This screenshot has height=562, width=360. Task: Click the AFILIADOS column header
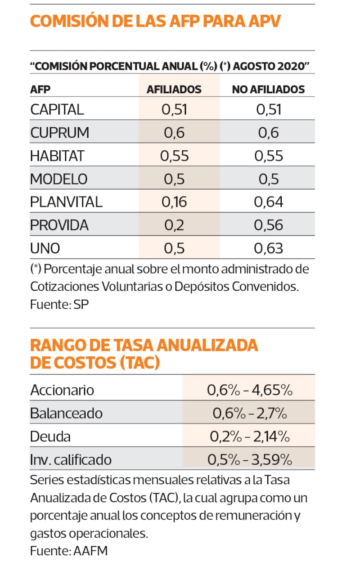[x=174, y=89]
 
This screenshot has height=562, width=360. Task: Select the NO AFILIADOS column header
[x=268, y=89]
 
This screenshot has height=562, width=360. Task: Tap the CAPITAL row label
[x=57, y=109]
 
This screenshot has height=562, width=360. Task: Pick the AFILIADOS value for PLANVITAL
[x=174, y=202]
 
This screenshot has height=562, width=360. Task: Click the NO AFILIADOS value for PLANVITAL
[x=269, y=202]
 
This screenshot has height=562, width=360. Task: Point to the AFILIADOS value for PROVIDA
[x=174, y=225]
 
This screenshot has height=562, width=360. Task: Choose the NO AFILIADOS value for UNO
[x=269, y=248]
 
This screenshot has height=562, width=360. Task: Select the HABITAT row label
[x=57, y=156]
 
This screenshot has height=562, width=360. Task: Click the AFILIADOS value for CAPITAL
[x=174, y=109]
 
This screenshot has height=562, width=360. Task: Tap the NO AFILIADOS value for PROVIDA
[x=269, y=225]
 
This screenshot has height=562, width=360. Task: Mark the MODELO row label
[x=59, y=179]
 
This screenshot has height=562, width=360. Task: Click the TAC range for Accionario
[x=250, y=390]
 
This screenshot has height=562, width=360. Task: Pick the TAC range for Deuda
[x=250, y=436]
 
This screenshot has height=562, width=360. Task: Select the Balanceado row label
[x=67, y=413]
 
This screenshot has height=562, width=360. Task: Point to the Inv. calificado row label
[x=71, y=460]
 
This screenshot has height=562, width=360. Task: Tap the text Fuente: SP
[x=59, y=304]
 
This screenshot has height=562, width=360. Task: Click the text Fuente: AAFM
[x=69, y=550]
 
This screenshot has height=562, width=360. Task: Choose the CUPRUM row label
[x=60, y=133]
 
